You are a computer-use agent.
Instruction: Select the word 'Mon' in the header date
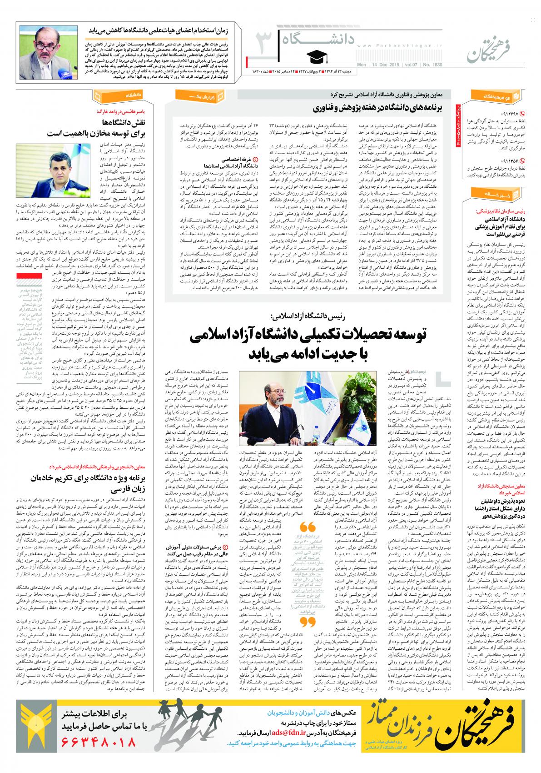click(x=362, y=65)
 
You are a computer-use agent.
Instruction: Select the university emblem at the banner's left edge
click(x=30, y=730)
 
